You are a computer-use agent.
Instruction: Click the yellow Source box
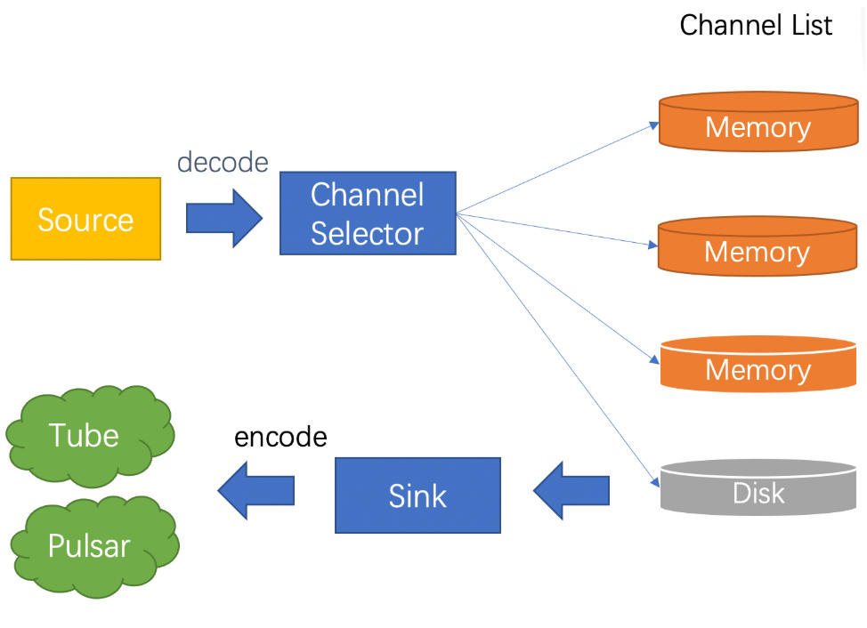pos(85,219)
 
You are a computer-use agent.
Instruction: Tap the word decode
pos(223,163)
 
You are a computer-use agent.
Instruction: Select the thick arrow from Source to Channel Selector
pos(224,218)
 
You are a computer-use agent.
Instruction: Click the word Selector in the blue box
pos(367,233)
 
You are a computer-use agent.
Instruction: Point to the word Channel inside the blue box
pos(367,195)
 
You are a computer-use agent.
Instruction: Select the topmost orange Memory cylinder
pos(758,122)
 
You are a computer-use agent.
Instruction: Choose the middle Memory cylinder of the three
pos(758,246)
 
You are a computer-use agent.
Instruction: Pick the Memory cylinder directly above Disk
pos(758,364)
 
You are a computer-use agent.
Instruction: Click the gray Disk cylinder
pos(758,487)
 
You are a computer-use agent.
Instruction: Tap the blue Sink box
pos(417,495)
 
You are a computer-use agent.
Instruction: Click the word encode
pos(280,437)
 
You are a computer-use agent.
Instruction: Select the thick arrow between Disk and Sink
pos(571,490)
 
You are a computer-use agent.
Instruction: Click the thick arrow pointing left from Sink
pos(256,490)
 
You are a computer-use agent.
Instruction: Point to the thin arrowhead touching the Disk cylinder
pos(655,482)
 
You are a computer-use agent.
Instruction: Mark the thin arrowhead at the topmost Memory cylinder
pos(653,125)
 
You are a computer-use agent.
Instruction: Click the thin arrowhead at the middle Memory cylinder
pos(652,244)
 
